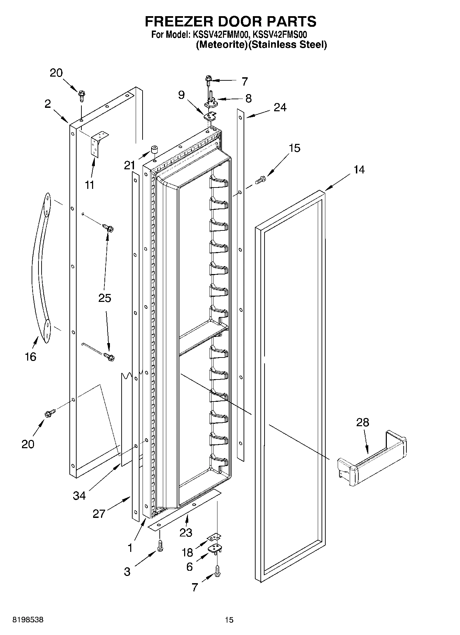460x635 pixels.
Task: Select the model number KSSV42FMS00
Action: pos(280,35)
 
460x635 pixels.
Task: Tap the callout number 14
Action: pos(359,170)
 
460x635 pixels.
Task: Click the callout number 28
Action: pos(362,422)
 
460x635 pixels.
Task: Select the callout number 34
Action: pos(79,495)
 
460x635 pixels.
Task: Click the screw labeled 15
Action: pos(261,179)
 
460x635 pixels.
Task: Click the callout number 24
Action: pos(280,107)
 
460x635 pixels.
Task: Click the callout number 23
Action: pos(186,533)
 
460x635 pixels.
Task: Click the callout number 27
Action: pos(99,514)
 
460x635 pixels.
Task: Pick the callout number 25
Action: pos(105,298)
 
